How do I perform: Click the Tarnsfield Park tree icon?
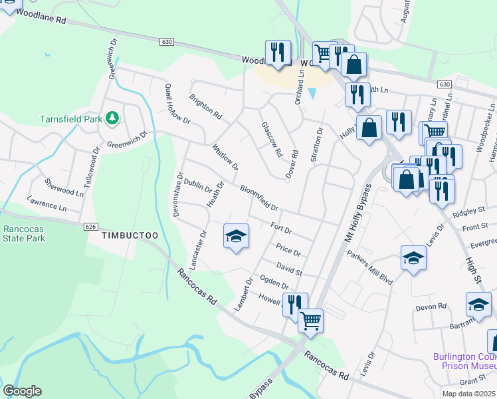click(x=113, y=118)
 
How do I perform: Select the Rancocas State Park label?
click(x=23, y=233)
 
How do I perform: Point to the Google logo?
click(x=22, y=391)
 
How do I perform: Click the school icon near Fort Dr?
click(x=236, y=236)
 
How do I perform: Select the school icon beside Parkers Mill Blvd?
click(x=413, y=259)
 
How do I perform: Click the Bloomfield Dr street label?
click(x=258, y=198)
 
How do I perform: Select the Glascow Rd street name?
click(x=272, y=139)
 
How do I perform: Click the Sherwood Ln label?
click(x=64, y=187)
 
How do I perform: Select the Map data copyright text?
click(x=468, y=394)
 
